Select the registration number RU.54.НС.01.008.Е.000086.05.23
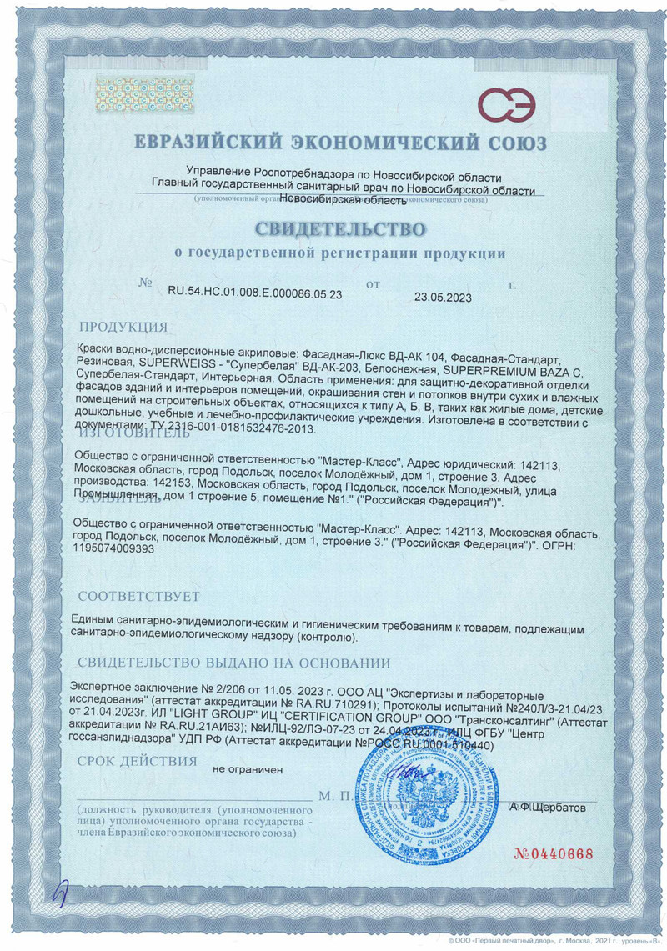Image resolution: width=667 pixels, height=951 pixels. [255, 293]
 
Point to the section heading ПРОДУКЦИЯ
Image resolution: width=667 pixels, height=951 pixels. [123, 326]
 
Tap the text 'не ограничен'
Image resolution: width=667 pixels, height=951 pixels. [248, 771]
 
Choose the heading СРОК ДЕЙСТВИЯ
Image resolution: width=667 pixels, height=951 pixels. [137, 761]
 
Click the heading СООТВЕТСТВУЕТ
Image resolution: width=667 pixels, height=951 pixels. [138, 597]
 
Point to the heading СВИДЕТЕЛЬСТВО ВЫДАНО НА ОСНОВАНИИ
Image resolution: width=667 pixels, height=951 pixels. [233, 663]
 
